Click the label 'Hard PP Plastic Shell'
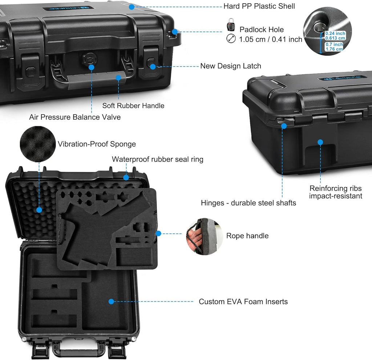pos(259,6)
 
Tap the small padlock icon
pos(231,25)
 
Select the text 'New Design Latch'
pos(231,66)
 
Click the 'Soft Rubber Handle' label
pos(133,105)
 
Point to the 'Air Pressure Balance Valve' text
pos(75,117)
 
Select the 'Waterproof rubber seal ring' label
pos(157,159)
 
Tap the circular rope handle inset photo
pos(202,236)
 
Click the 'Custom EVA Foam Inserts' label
pos(243,301)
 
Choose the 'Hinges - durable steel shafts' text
pos(248,203)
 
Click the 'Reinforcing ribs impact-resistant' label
pos(335,192)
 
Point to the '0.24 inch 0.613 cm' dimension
pos(335,36)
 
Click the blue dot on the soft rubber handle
pos(118,77)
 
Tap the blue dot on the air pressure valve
pos(91,67)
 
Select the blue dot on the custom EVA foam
pos(111,301)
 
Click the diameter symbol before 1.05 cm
pos(231,39)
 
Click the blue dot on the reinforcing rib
pos(320,142)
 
